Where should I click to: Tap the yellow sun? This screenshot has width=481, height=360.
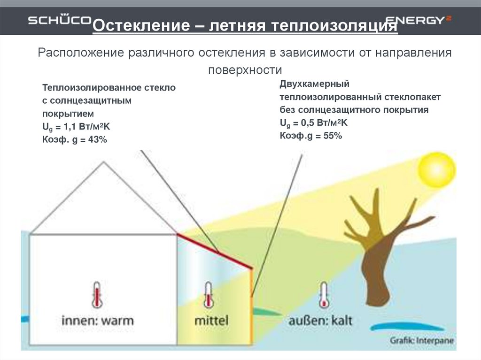coord(436,169)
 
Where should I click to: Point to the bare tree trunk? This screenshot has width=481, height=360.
coord(376,272)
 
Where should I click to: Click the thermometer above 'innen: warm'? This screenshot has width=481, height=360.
coord(97,295)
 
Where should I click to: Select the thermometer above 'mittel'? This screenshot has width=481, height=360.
coord(207,295)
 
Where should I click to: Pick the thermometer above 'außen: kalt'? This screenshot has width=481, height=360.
coord(323,295)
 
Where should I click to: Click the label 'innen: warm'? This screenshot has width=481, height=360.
coord(98,321)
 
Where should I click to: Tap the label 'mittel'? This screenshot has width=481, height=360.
coord(211,321)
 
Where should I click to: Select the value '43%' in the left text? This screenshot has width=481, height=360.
coord(96,140)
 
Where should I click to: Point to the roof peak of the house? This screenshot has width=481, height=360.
coord(104,162)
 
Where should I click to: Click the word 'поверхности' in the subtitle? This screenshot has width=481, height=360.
coord(245,70)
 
